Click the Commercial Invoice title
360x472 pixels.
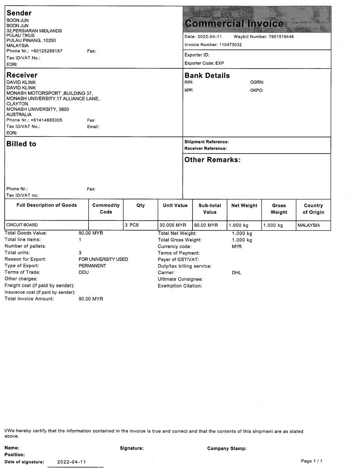click(x=234, y=24)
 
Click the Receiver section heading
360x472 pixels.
click(x=22, y=75)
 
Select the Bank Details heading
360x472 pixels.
click(x=207, y=75)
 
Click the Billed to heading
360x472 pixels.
click(x=21, y=144)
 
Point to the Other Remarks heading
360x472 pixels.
click(x=212, y=160)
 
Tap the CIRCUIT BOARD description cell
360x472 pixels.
click(x=22, y=225)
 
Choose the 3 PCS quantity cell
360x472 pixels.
click(x=132, y=225)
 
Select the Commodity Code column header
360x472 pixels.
click(x=106, y=209)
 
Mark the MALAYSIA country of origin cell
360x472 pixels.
click(x=309, y=225)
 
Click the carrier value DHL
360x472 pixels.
click(x=237, y=273)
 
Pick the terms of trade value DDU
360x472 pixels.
click(x=84, y=272)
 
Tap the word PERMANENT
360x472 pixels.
click(x=92, y=266)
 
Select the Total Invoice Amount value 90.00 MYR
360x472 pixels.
click(x=91, y=299)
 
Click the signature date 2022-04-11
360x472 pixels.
click(x=71, y=462)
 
